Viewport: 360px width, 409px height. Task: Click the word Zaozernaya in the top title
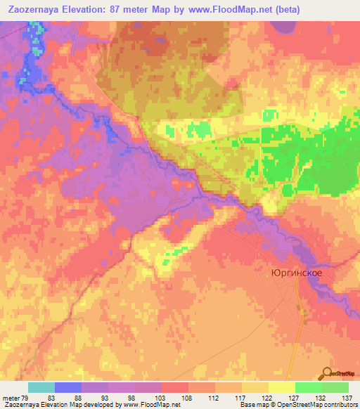click(35, 10)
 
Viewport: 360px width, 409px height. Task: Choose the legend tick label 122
click(269, 398)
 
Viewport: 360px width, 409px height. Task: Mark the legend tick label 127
click(296, 398)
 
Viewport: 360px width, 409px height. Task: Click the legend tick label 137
click(347, 398)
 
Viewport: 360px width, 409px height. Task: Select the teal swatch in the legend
click(41, 387)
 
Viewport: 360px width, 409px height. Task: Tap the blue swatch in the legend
click(68, 387)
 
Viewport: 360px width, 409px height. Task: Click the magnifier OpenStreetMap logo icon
click(327, 373)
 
